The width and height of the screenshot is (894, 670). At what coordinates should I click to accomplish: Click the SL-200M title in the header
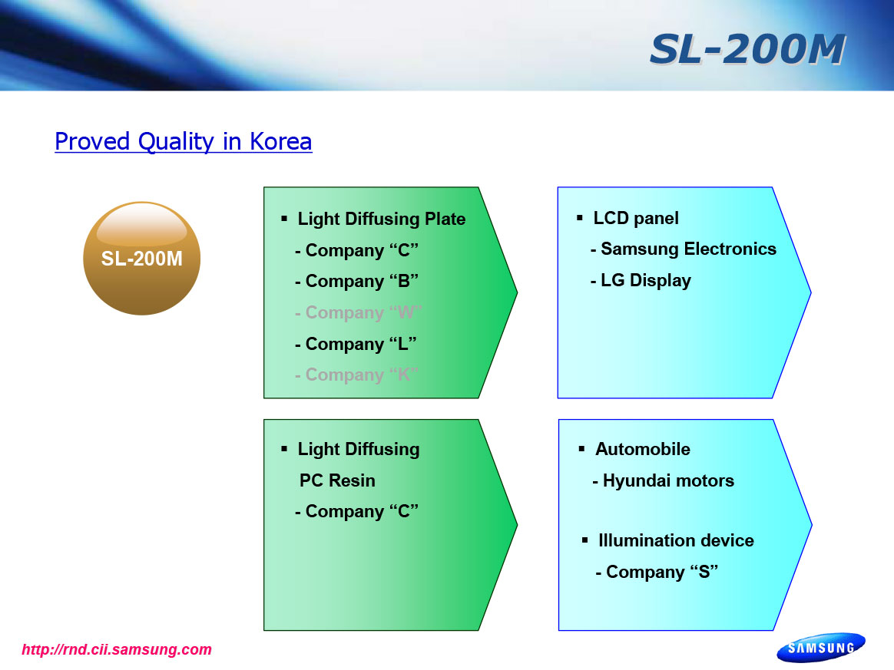click(747, 49)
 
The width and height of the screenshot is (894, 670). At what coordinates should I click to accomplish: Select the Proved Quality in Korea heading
click(183, 141)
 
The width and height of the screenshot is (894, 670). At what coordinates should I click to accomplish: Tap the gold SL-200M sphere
click(141, 258)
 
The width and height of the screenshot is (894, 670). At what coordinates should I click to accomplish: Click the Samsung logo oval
click(821, 647)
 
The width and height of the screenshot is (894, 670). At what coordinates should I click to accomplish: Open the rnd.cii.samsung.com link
click(116, 649)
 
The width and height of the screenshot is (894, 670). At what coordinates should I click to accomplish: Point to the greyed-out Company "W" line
click(358, 313)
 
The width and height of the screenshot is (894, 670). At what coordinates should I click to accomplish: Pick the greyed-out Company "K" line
click(356, 375)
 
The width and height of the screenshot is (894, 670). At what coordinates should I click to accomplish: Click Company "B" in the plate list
click(356, 282)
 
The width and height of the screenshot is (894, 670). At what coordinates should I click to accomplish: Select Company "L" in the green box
click(356, 344)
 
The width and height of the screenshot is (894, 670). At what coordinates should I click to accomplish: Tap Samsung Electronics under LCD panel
click(683, 249)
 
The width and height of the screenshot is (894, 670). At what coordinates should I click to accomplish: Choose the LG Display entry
click(641, 280)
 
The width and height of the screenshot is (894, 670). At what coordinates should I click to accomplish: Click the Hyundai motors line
click(663, 481)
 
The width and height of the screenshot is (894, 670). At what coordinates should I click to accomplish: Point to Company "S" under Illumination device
click(656, 572)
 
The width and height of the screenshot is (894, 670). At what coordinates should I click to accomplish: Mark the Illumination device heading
click(676, 540)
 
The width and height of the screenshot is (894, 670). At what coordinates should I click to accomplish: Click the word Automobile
click(643, 449)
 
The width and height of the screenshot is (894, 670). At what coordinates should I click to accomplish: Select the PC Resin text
click(337, 481)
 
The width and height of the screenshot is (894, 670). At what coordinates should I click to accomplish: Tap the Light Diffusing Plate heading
click(382, 219)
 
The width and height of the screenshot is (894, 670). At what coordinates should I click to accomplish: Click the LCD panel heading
click(636, 218)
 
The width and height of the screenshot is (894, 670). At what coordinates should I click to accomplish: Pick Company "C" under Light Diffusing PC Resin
click(356, 512)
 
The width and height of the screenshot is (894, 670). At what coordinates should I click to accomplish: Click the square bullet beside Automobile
click(581, 449)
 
